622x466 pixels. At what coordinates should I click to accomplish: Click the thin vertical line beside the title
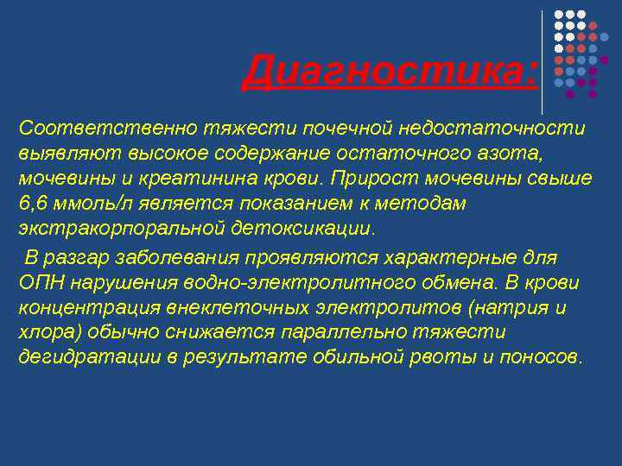[x=543, y=62]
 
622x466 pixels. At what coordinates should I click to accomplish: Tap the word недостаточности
[x=492, y=129]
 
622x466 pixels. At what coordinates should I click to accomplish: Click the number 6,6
[x=33, y=204]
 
